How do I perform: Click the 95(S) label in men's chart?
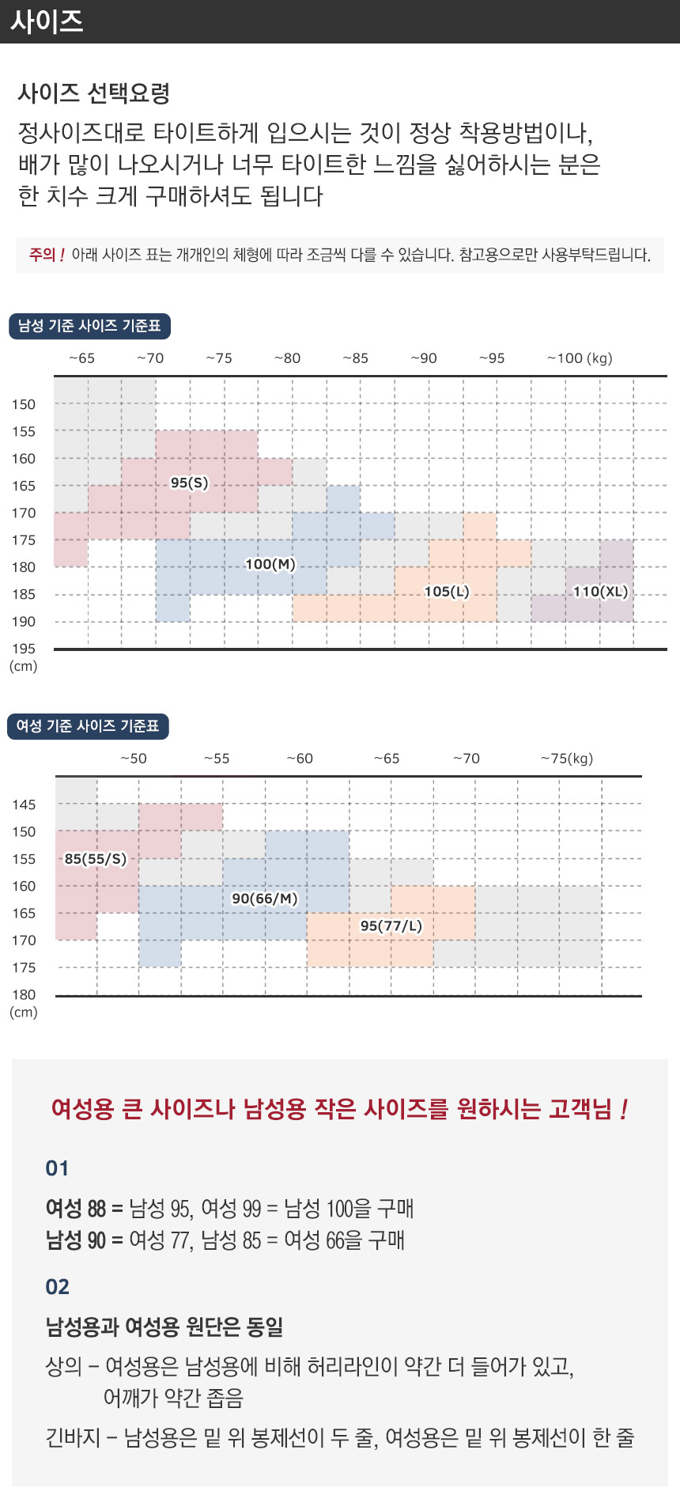coord(190,483)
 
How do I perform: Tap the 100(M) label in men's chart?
coord(270,564)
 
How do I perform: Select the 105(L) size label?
coord(447,591)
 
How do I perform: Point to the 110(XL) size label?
coord(600,591)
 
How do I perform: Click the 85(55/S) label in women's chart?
coord(95,858)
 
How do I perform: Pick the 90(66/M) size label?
coord(264,899)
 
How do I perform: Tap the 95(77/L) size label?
coord(391,926)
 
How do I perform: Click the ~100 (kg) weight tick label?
coord(580,358)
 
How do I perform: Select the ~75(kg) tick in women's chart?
coord(567,759)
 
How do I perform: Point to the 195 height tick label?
coord(24,649)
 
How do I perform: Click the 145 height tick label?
coord(24,804)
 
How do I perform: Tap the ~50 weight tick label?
coord(133,759)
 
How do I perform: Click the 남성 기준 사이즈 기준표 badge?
coord(89,326)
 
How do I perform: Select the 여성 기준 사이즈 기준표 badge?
coord(88,726)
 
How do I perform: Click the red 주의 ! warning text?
coord(47,255)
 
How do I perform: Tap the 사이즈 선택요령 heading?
coord(94,93)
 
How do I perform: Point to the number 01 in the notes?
coord(57,1168)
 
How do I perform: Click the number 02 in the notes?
coord(57,1286)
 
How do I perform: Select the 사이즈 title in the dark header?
coord(47,21)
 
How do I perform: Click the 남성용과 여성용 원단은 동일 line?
coord(164,1327)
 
